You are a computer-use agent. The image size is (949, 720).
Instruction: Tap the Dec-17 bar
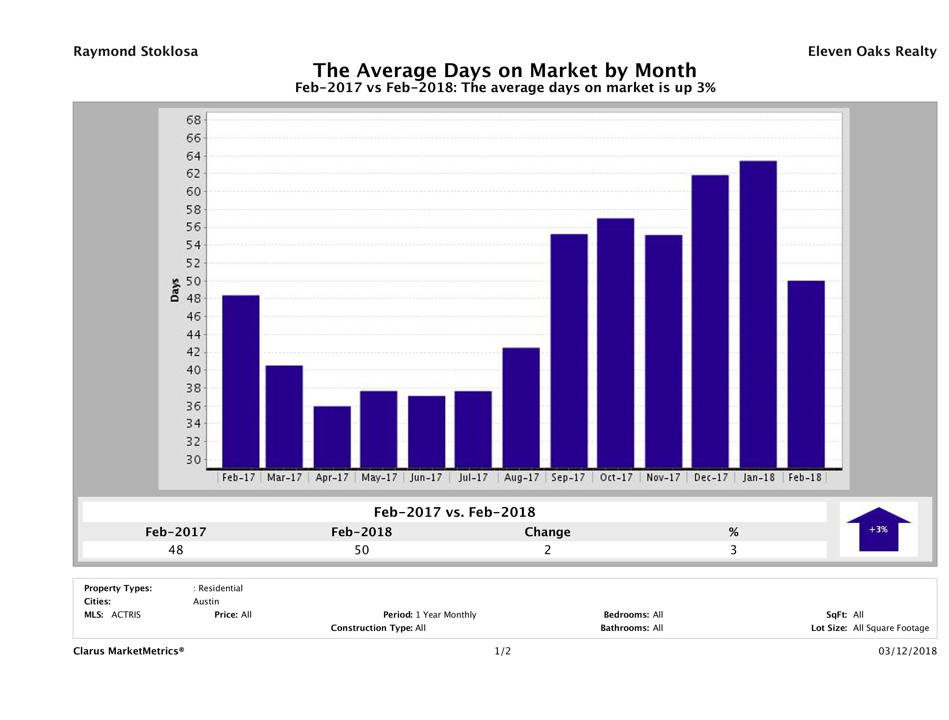[710, 321]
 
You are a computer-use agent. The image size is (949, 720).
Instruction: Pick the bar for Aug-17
[521, 408]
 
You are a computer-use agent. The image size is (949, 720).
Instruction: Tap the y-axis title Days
[175, 290]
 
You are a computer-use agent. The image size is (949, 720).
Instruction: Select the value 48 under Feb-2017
[176, 550]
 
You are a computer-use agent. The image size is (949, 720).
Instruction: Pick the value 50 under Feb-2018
[362, 550]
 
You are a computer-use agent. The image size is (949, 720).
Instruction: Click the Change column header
[548, 532]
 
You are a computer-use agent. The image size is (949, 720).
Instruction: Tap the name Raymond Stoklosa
[136, 51]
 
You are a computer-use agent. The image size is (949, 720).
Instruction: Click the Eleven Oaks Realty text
[872, 51]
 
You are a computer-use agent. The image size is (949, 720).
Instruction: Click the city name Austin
[206, 601]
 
